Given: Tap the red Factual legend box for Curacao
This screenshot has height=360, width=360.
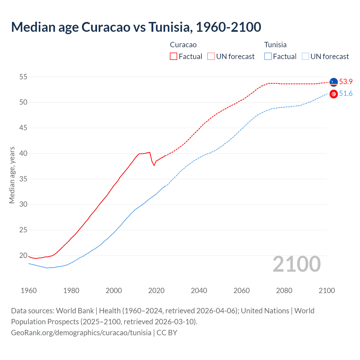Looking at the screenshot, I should coord(174,56).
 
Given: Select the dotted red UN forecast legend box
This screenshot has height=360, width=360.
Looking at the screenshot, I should coord(211,56).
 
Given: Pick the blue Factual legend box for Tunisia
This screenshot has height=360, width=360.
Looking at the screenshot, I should coord(268,56).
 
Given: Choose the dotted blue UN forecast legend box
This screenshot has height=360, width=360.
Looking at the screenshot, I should coord(305,56).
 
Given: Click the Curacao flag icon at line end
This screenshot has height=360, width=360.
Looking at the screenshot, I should coord(334,82).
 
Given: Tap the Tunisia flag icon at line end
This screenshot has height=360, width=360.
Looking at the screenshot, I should coord(334,94).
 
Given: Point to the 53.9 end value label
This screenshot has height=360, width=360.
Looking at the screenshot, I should coord(346,82).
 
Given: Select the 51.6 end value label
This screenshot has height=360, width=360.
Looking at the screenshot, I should coord(346,94).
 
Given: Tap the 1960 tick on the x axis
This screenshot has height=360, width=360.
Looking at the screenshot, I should coord(29,291).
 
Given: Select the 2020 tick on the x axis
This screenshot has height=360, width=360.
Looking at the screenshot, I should coord(156,291).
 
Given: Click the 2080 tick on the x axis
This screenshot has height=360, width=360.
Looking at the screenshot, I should coord(284,291).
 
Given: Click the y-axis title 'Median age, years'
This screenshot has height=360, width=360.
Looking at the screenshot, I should coord(12,175).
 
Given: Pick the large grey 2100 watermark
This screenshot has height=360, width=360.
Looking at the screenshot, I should coord(296,264).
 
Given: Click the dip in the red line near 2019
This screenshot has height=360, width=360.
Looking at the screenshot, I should coord(154,165).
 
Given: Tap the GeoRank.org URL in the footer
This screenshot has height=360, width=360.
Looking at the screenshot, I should coord(81,332).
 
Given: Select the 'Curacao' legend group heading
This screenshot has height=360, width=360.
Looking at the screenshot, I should coord(183,45).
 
